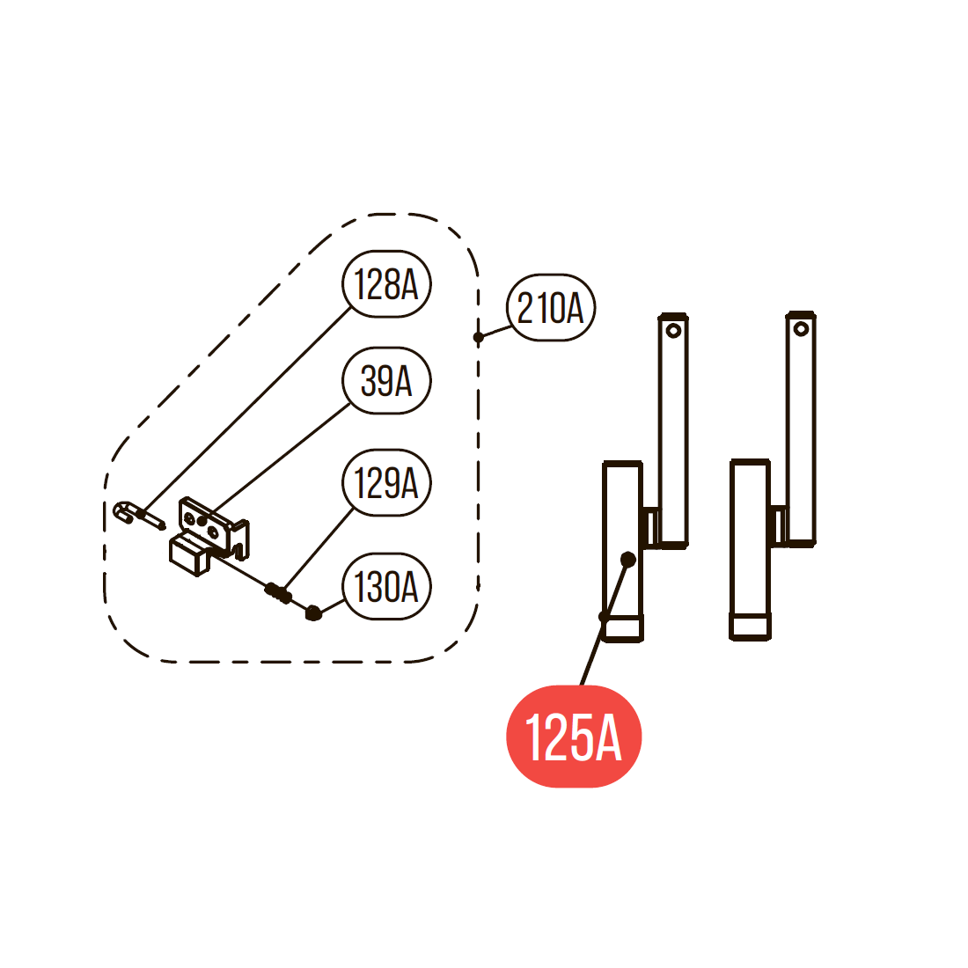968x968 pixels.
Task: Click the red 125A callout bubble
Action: click(574, 736)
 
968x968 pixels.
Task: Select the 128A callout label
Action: click(386, 284)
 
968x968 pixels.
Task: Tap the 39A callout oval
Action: click(386, 380)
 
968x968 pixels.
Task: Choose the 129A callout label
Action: click(386, 482)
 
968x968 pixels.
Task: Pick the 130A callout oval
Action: click(386, 586)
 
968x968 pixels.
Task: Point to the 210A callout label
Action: click(551, 307)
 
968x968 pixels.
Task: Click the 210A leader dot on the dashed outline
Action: click(479, 337)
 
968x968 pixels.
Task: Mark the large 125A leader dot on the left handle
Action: click(627, 560)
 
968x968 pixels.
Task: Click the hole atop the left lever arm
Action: click(673, 331)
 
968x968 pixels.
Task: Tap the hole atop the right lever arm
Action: click(801, 329)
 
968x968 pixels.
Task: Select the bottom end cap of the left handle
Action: click(624, 628)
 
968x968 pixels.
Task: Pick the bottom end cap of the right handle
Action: click(750, 627)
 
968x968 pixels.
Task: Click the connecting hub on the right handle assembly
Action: click(779, 525)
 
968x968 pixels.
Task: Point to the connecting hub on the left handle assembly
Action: click(652, 527)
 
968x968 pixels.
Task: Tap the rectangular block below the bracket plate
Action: click(189, 554)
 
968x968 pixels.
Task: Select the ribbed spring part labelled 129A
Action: click(278, 592)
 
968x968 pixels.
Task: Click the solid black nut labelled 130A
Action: click(313, 612)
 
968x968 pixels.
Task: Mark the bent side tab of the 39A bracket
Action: click(240, 539)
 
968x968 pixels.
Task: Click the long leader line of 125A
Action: click(605, 623)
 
